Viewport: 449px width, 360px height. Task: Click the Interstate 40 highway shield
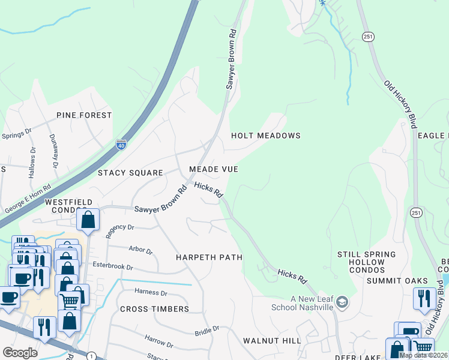pyautogui.click(x=121, y=144)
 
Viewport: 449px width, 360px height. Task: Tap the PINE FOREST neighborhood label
pyautogui.click(x=84, y=115)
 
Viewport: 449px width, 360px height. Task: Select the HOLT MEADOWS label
pyautogui.click(x=266, y=136)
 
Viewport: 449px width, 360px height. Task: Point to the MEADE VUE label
pyautogui.click(x=212, y=170)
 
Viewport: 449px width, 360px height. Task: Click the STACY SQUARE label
pyautogui.click(x=130, y=173)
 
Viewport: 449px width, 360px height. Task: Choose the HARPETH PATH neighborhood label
pyautogui.click(x=209, y=257)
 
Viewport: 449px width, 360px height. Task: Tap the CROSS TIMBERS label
pyautogui.click(x=154, y=309)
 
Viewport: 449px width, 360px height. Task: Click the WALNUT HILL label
pyautogui.click(x=272, y=341)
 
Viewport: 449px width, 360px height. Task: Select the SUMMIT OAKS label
pyautogui.click(x=397, y=281)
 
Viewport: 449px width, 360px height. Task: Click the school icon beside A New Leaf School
pyautogui.click(x=342, y=301)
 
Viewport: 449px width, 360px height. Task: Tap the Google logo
pyautogui.click(x=20, y=353)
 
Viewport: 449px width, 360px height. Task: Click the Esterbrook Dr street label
pyautogui.click(x=113, y=265)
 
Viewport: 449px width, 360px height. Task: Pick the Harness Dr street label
pyautogui.click(x=151, y=293)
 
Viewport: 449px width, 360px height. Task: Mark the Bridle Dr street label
pyautogui.click(x=205, y=331)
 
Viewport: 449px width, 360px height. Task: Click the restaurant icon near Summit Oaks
pyautogui.click(x=425, y=299)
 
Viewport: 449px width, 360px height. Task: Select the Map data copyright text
pyautogui.click(x=423, y=355)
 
